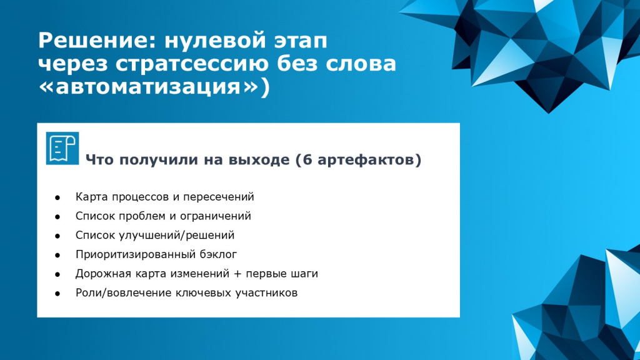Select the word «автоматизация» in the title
[x=148, y=86]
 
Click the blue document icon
[x=62, y=148]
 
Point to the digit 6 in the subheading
[x=307, y=159]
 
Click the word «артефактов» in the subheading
[x=366, y=160]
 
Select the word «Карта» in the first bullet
[x=92, y=197]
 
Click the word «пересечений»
[x=218, y=197]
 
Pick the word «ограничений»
[x=216, y=216]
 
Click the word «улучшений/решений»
[x=176, y=236]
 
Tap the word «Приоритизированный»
[x=136, y=255]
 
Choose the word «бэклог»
[x=218, y=255]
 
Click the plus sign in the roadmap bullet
[x=237, y=274]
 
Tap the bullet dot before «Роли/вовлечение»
[x=57, y=294]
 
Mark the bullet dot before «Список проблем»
[x=57, y=217]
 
